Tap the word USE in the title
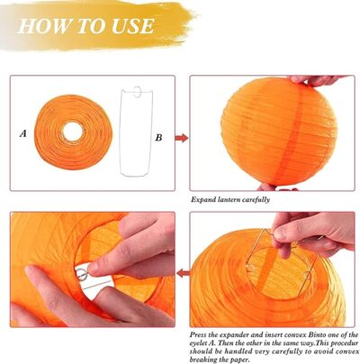133,26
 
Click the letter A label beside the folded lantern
23,133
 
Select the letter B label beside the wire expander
158,138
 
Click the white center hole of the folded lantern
72,132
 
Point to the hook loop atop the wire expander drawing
138,92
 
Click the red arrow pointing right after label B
182,138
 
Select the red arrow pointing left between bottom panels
183,273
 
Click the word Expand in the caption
203,200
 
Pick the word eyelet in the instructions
199,342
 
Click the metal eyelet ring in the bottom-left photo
81,274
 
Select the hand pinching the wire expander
312,232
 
